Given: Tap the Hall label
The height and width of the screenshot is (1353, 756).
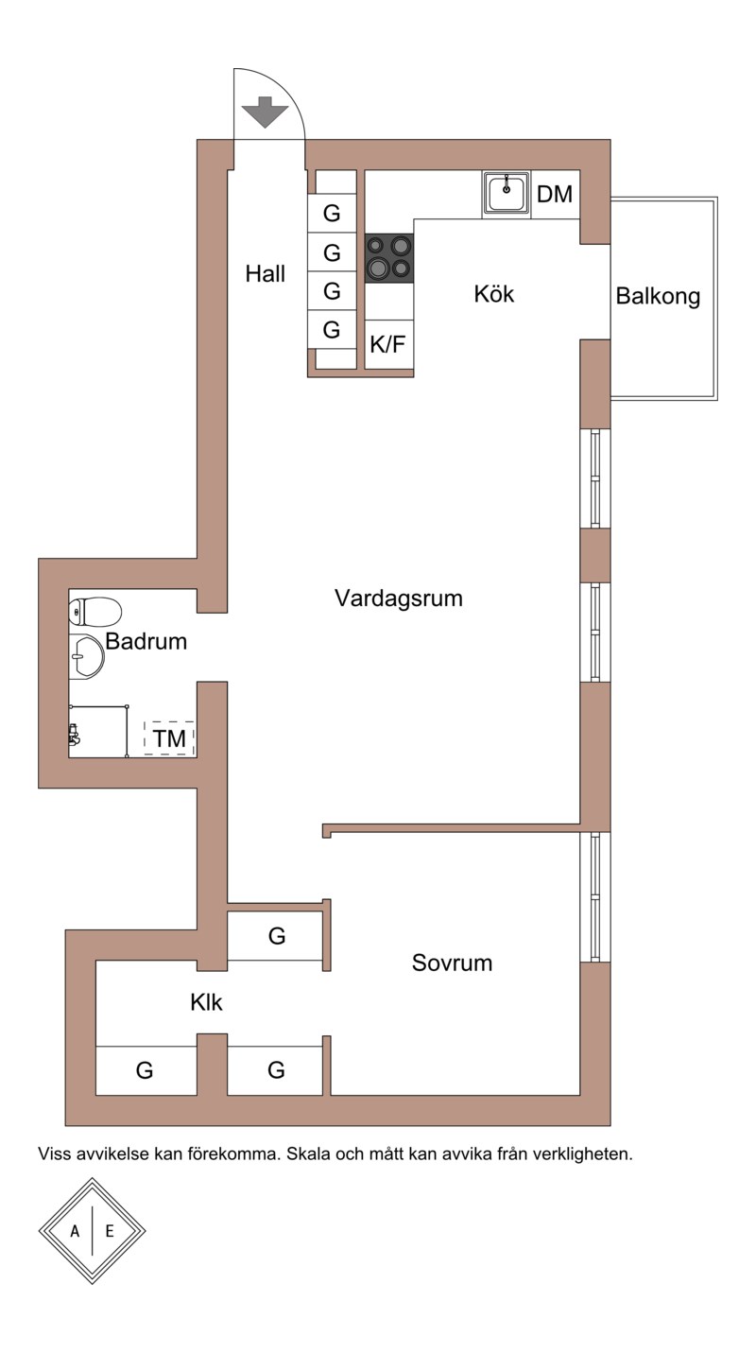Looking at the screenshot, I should [x=266, y=274].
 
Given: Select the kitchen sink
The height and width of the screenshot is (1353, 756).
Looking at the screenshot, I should [x=507, y=193].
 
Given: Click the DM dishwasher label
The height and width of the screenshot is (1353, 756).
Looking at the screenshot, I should [x=555, y=195].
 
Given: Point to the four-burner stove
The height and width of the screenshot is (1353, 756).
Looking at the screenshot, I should [x=389, y=257].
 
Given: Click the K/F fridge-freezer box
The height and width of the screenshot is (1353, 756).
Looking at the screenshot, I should [x=388, y=344].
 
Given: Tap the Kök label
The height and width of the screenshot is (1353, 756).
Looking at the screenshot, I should [x=494, y=294].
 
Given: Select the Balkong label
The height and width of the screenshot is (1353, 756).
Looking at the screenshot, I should [x=658, y=296].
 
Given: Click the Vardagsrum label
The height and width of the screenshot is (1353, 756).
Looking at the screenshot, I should [x=399, y=598].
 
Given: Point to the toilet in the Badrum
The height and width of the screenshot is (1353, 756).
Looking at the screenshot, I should [x=94, y=612].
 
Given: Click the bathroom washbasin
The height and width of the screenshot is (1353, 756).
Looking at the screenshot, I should [x=87, y=655].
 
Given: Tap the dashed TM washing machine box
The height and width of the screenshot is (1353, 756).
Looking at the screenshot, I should [x=169, y=737].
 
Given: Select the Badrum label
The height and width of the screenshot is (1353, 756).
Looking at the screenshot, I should [x=146, y=641].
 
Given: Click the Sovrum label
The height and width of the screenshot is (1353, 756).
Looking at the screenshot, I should [x=452, y=963].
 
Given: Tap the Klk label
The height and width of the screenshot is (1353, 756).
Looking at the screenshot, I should [x=206, y=1002].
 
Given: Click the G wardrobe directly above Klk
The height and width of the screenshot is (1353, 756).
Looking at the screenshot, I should [x=276, y=936].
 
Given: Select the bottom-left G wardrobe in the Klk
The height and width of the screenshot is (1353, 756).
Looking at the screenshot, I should [x=146, y=1070].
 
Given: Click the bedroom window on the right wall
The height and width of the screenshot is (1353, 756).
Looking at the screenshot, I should [x=594, y=896].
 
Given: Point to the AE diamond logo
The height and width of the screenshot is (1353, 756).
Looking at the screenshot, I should [x=92, y=1230].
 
